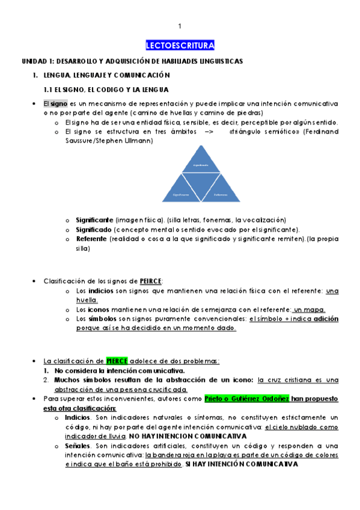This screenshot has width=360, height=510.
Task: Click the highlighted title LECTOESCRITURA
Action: [180, 46]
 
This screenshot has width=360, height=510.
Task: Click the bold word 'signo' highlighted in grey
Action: [59, 104]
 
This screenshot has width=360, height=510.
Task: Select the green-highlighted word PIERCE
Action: [117, 361]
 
